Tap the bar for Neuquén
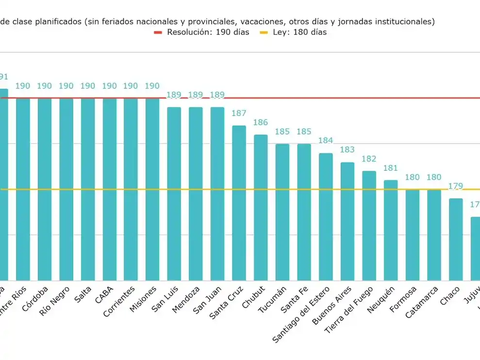pos(391,230)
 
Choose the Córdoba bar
pos(45,189)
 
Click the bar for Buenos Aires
pos(347,221)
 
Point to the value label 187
pos(239,114)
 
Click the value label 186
pos(261,123)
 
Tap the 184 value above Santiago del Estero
pos(326,141)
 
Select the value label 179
pos(455,186)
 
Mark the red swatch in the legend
pos(159,33)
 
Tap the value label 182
pos(369,159)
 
